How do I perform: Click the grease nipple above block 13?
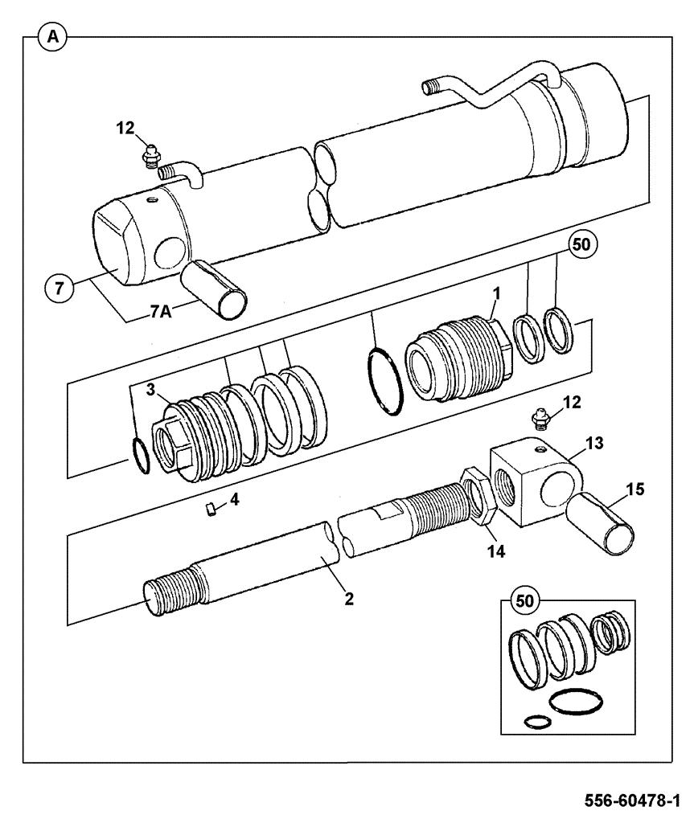coord(538,418)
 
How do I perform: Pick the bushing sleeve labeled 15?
coord(606,524)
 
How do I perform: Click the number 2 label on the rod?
coord(349,599)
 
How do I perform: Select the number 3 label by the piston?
coord(150,389)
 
